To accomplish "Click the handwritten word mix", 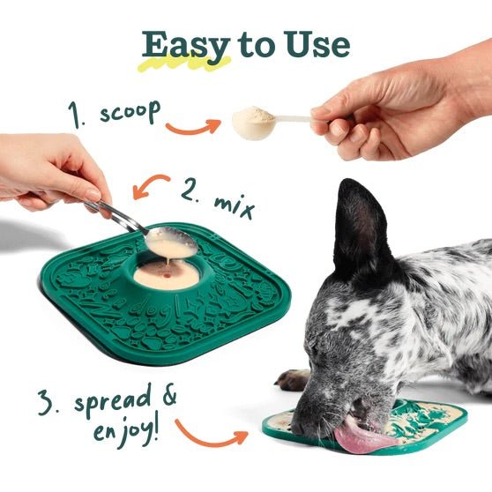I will coord(231,205).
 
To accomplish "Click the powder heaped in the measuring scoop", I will coord(254,121).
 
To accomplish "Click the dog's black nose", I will coord(304,428).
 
